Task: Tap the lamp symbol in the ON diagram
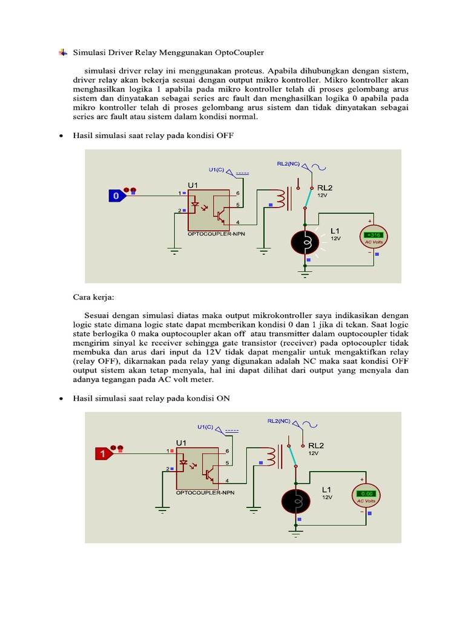click(296, 502)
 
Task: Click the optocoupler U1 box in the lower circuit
click(197, 468)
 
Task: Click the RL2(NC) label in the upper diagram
click(288, 163)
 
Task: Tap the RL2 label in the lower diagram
click(316, 444)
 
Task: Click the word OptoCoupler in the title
click(241, 53)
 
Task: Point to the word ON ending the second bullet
click(223, 398)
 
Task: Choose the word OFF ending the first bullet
click(224, 136)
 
